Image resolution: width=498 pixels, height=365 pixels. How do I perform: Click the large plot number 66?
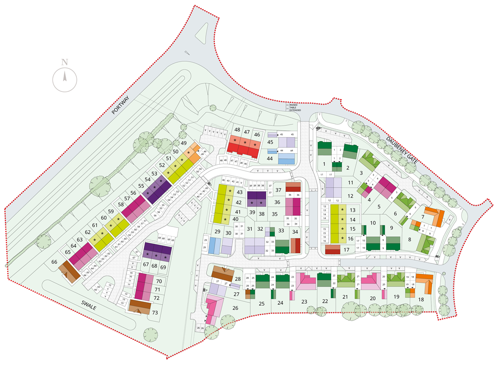point(54,262)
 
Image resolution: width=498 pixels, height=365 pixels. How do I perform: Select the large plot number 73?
point(155,312)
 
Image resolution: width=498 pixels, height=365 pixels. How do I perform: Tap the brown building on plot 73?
point(139,306)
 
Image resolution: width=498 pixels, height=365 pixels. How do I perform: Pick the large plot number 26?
point(235,307)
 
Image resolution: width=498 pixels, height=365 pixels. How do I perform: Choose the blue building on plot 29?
point(213,246)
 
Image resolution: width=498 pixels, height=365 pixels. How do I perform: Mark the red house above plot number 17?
point(333,249)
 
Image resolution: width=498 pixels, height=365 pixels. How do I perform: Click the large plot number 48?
point(237,130)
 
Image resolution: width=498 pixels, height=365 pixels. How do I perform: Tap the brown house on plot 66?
point(69,271)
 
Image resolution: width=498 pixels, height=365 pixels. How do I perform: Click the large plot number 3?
point(361,173)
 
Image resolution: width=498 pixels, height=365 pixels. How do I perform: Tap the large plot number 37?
point(279,190)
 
